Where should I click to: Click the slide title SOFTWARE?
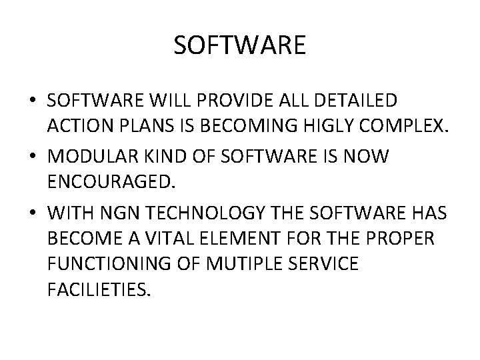(239, 45)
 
